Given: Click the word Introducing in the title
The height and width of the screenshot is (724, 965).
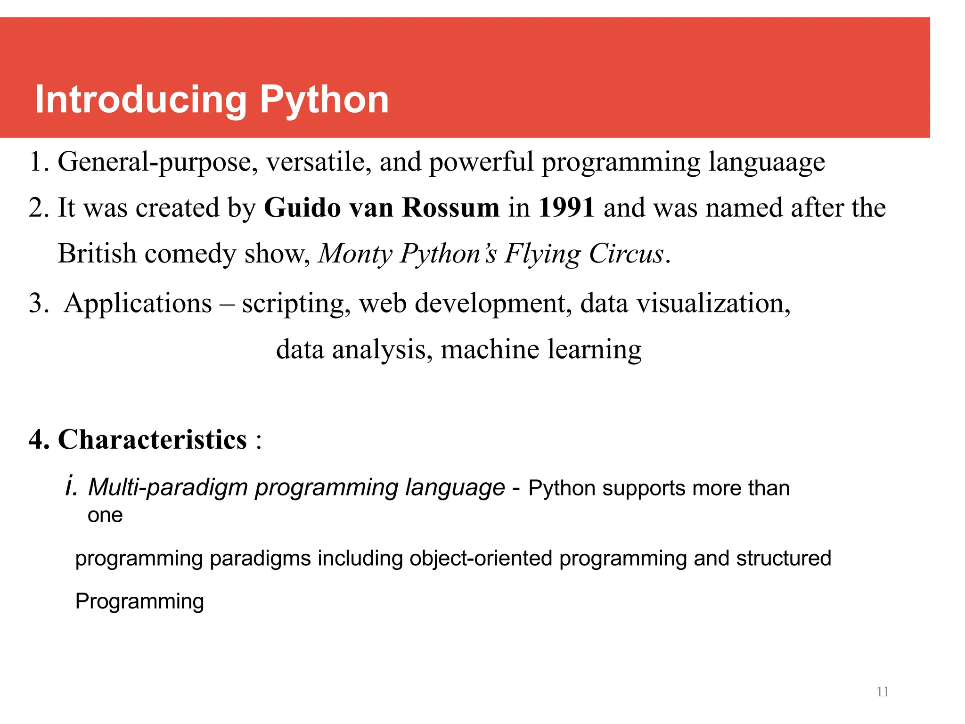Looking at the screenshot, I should (141, 100).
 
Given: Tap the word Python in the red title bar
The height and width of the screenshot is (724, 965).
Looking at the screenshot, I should (324, 100).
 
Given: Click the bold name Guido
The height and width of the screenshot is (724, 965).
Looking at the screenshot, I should (302, 207).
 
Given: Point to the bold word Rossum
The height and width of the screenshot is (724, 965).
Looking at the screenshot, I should (450, 207).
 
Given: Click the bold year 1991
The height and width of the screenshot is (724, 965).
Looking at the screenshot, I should (566, 207).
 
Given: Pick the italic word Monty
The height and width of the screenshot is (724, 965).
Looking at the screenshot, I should (355, 254).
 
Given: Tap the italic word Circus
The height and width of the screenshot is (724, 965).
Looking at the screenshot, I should (626, 254).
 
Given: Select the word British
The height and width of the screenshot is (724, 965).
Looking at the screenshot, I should (97, 254).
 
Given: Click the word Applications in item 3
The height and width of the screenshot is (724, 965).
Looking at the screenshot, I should (138, 303).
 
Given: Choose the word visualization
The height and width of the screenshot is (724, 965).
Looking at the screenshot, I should (713, 303).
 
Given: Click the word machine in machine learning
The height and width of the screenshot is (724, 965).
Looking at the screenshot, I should (490, 349).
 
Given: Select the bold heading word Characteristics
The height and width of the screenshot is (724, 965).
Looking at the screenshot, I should (152, 440).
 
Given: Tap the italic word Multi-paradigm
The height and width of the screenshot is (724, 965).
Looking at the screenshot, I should (168, 487).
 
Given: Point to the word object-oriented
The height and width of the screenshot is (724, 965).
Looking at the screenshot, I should (481, 559).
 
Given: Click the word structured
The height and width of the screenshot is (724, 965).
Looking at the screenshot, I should (784, 559).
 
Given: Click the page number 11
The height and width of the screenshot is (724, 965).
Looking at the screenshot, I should (883, 691).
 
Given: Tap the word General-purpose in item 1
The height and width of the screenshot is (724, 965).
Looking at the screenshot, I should (157, 162).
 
